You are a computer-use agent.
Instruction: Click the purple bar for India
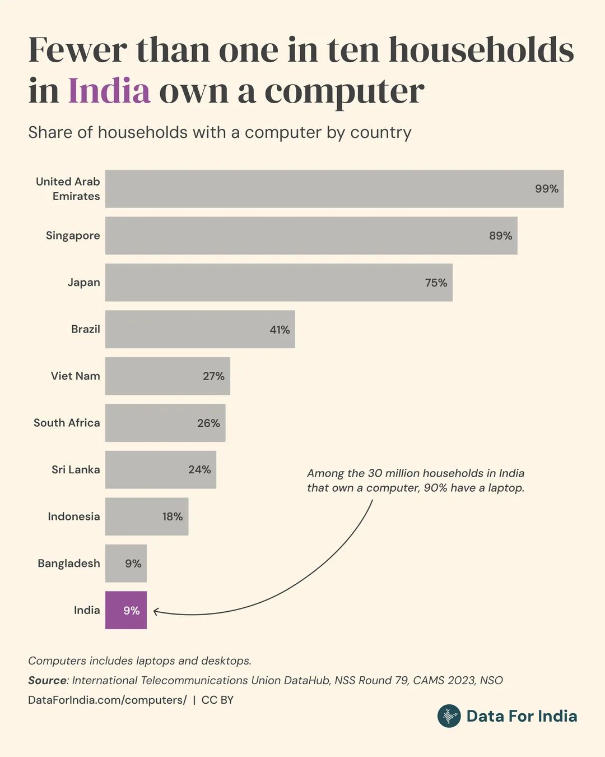tap(126, 610)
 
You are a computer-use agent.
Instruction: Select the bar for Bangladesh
tap(126, 563)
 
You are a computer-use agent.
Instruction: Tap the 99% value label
tap(546, 189)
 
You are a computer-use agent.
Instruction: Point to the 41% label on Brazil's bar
tap(280, 330)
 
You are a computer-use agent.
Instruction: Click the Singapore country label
tap(73, 236)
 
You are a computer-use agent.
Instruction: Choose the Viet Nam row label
tap(75, 376)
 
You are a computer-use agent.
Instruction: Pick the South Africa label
tap(67, 423)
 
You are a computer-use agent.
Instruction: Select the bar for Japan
tap(278, 283)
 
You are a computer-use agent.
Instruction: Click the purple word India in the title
tap(109, 91)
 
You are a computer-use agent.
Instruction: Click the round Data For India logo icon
tap(449, 716)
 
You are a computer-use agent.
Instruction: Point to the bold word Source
tap(47, 680)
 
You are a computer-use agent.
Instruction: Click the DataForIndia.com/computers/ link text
tap(107, 700)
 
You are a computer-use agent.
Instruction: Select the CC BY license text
tap(217, 700)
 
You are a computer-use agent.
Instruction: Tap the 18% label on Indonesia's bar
tap(173, 516)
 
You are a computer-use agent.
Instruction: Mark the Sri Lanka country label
tap(76, 470)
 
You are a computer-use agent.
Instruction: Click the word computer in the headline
tap(344, 91)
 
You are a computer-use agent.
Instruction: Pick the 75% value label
tap(436, 283)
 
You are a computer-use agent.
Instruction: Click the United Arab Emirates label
tap(68, 189)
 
